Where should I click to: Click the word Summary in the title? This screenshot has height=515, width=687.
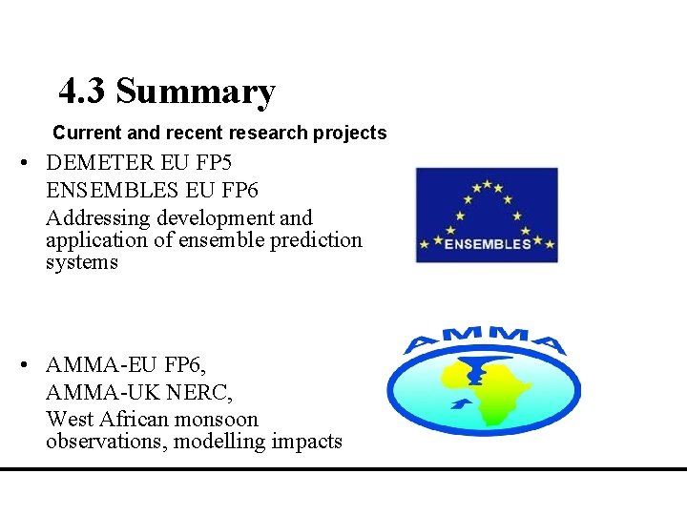(196, 92)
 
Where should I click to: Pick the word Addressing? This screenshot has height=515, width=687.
(94, 218)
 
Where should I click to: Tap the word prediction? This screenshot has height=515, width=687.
(317, 239)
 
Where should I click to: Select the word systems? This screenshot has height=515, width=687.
(81, 262)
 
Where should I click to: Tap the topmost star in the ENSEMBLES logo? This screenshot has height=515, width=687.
(487, 184)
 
